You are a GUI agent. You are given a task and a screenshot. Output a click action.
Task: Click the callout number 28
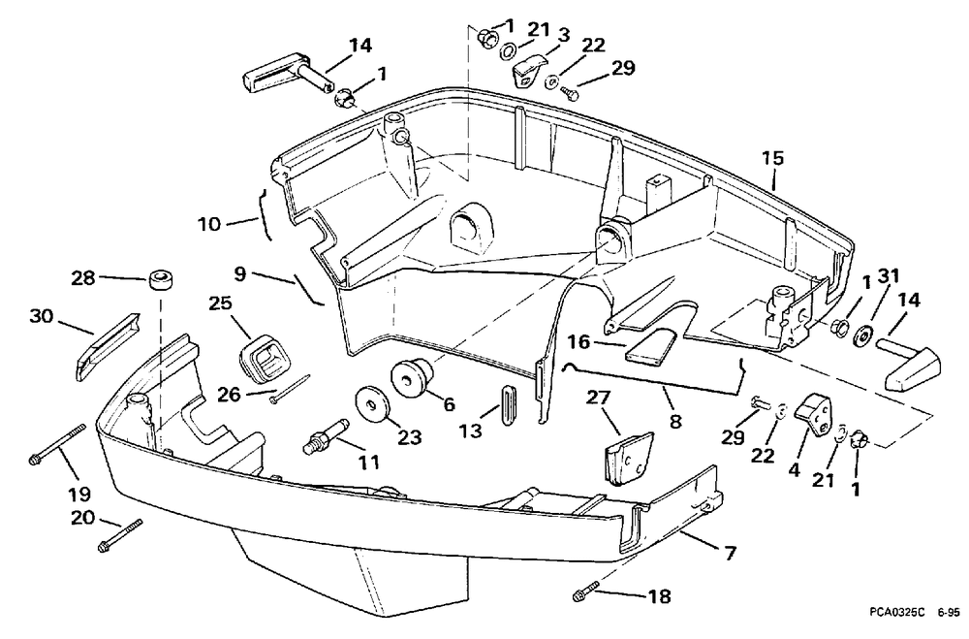click(x=82, y=277)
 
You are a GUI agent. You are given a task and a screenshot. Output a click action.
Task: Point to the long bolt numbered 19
click(x=57, y=443)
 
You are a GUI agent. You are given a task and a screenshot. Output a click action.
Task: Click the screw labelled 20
click(x=120, y=535)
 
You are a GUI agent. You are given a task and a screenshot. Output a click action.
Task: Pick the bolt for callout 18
click(x=587, y=590)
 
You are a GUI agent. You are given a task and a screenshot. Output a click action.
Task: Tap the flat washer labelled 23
click(x=373, y=404)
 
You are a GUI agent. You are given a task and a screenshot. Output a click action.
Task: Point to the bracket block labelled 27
click(x=629, y=459)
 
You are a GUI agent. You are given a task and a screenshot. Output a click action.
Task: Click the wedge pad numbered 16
click(x=652, y=344)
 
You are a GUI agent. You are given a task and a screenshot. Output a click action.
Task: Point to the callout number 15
click(x=772, y=158)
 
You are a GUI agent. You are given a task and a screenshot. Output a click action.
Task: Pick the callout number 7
click(x=731, y=553)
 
